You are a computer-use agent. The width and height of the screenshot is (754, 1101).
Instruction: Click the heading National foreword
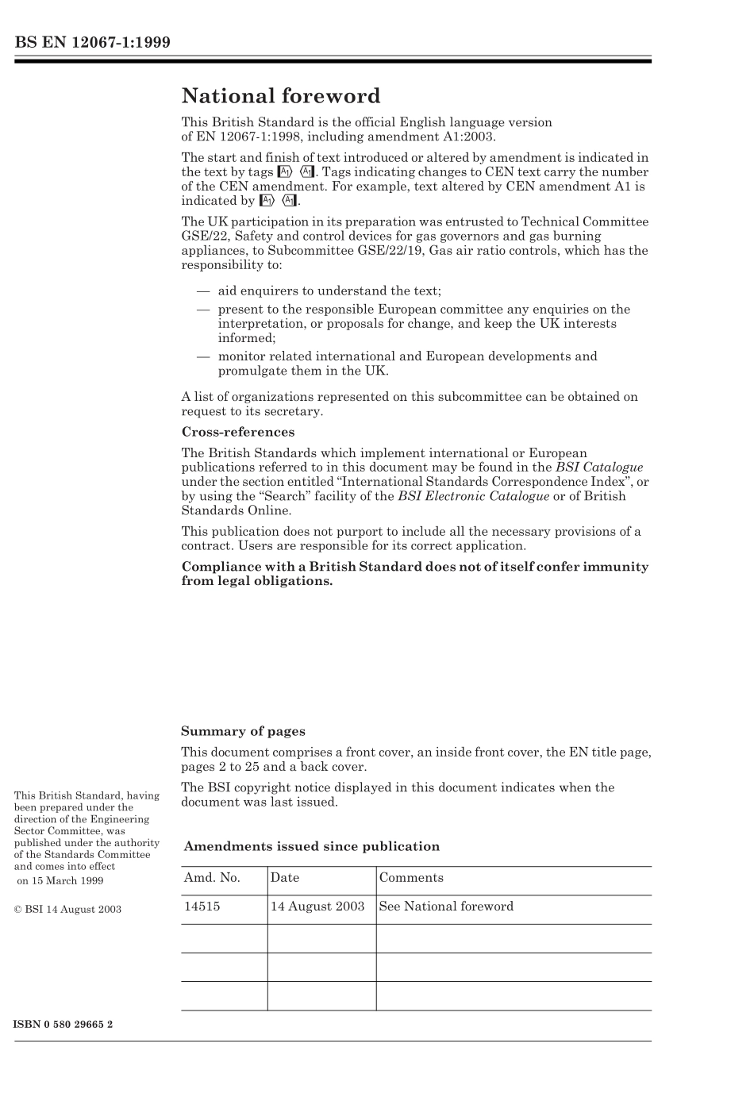(281, 97)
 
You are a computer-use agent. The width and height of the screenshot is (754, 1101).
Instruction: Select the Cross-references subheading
(237, 433)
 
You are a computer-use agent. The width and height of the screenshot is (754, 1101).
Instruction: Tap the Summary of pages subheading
(243, 732)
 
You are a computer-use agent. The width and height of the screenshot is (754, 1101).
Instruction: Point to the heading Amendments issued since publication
(311, 847)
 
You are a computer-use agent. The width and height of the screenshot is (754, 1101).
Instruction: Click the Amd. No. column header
(212, 878)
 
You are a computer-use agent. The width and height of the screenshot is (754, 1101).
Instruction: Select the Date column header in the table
(285, 878)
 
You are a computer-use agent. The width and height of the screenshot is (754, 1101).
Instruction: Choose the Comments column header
(411, 878)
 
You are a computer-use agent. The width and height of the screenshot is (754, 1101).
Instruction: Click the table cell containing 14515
(202, 907)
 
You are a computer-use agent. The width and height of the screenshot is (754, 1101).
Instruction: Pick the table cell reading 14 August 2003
(317, 907)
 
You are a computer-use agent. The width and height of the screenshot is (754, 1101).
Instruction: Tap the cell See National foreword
(446, 907)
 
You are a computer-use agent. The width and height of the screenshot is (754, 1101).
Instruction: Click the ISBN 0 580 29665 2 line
(63, 1024)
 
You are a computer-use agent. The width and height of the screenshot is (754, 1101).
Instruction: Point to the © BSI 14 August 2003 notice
(68, 910)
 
